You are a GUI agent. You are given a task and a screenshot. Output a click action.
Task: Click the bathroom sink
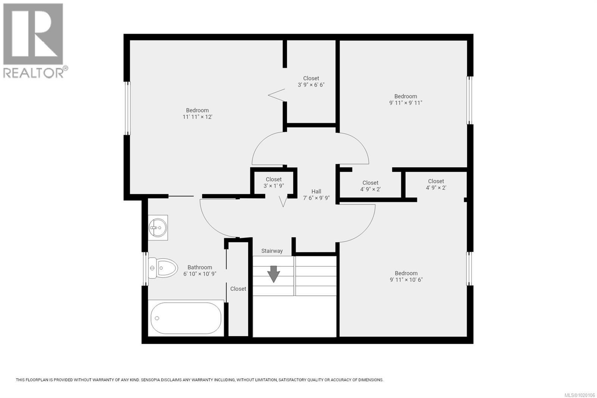click(x=158, y=227)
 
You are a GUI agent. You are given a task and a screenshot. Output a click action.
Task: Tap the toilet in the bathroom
click(x=163, y=268)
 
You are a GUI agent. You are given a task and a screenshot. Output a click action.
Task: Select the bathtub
click(x=186, y=318)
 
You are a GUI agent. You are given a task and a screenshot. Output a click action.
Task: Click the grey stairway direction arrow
click(x=274, y=274)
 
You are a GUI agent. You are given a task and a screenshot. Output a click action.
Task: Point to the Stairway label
click(x=272, y=251)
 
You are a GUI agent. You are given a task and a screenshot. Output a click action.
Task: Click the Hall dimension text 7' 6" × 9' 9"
click(x=316, y=198)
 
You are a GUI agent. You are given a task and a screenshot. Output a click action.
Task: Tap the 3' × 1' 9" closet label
click(x=274, y=186)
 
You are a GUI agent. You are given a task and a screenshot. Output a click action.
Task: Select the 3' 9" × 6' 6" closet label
click(x=311, y=85)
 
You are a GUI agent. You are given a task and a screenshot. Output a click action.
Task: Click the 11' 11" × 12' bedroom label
click(x=197, y=117)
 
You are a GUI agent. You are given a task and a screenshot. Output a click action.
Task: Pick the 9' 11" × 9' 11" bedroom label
click(x=406, y=103)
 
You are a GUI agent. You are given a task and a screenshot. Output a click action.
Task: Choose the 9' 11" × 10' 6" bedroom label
click(x=406, y=280)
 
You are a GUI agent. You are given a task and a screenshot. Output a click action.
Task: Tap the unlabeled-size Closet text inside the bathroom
click(x=238, y=289)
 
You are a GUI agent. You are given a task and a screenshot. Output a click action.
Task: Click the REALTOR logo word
click(x=34, y=72)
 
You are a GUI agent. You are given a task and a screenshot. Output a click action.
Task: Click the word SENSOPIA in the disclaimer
click(x=151, y=380)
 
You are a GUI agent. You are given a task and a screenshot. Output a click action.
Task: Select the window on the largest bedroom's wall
click(x=127, y=108)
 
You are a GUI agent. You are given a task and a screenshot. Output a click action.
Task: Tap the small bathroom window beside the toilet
click(x=146, y=269)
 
